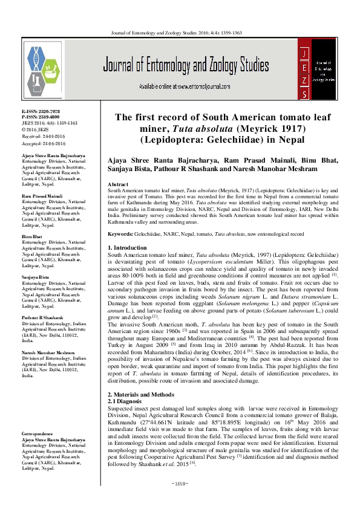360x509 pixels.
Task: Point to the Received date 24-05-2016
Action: [39, 135]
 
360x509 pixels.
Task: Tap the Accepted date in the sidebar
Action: [39, 141]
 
